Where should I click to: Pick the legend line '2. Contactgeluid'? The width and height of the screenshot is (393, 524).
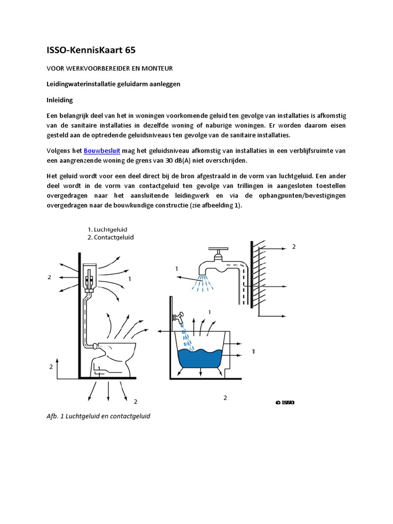pyautogui.click(x=111, y=237)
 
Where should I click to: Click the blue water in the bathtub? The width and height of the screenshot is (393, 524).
pyautogui.click(x=200, y=358)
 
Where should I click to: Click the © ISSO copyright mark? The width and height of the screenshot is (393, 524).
pyautogui.click(x=285, y=402)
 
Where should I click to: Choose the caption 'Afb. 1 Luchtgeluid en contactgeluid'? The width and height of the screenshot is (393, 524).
pyautogui.click(x=98, y=417)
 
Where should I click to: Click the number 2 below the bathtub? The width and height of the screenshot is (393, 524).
pyautogui.click(x=226, y=398)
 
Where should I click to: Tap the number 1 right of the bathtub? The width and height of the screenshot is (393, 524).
pyautogui.click(x=253, y=352)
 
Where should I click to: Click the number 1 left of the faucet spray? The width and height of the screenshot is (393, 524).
pyautogui.click(x=177, y=268)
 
